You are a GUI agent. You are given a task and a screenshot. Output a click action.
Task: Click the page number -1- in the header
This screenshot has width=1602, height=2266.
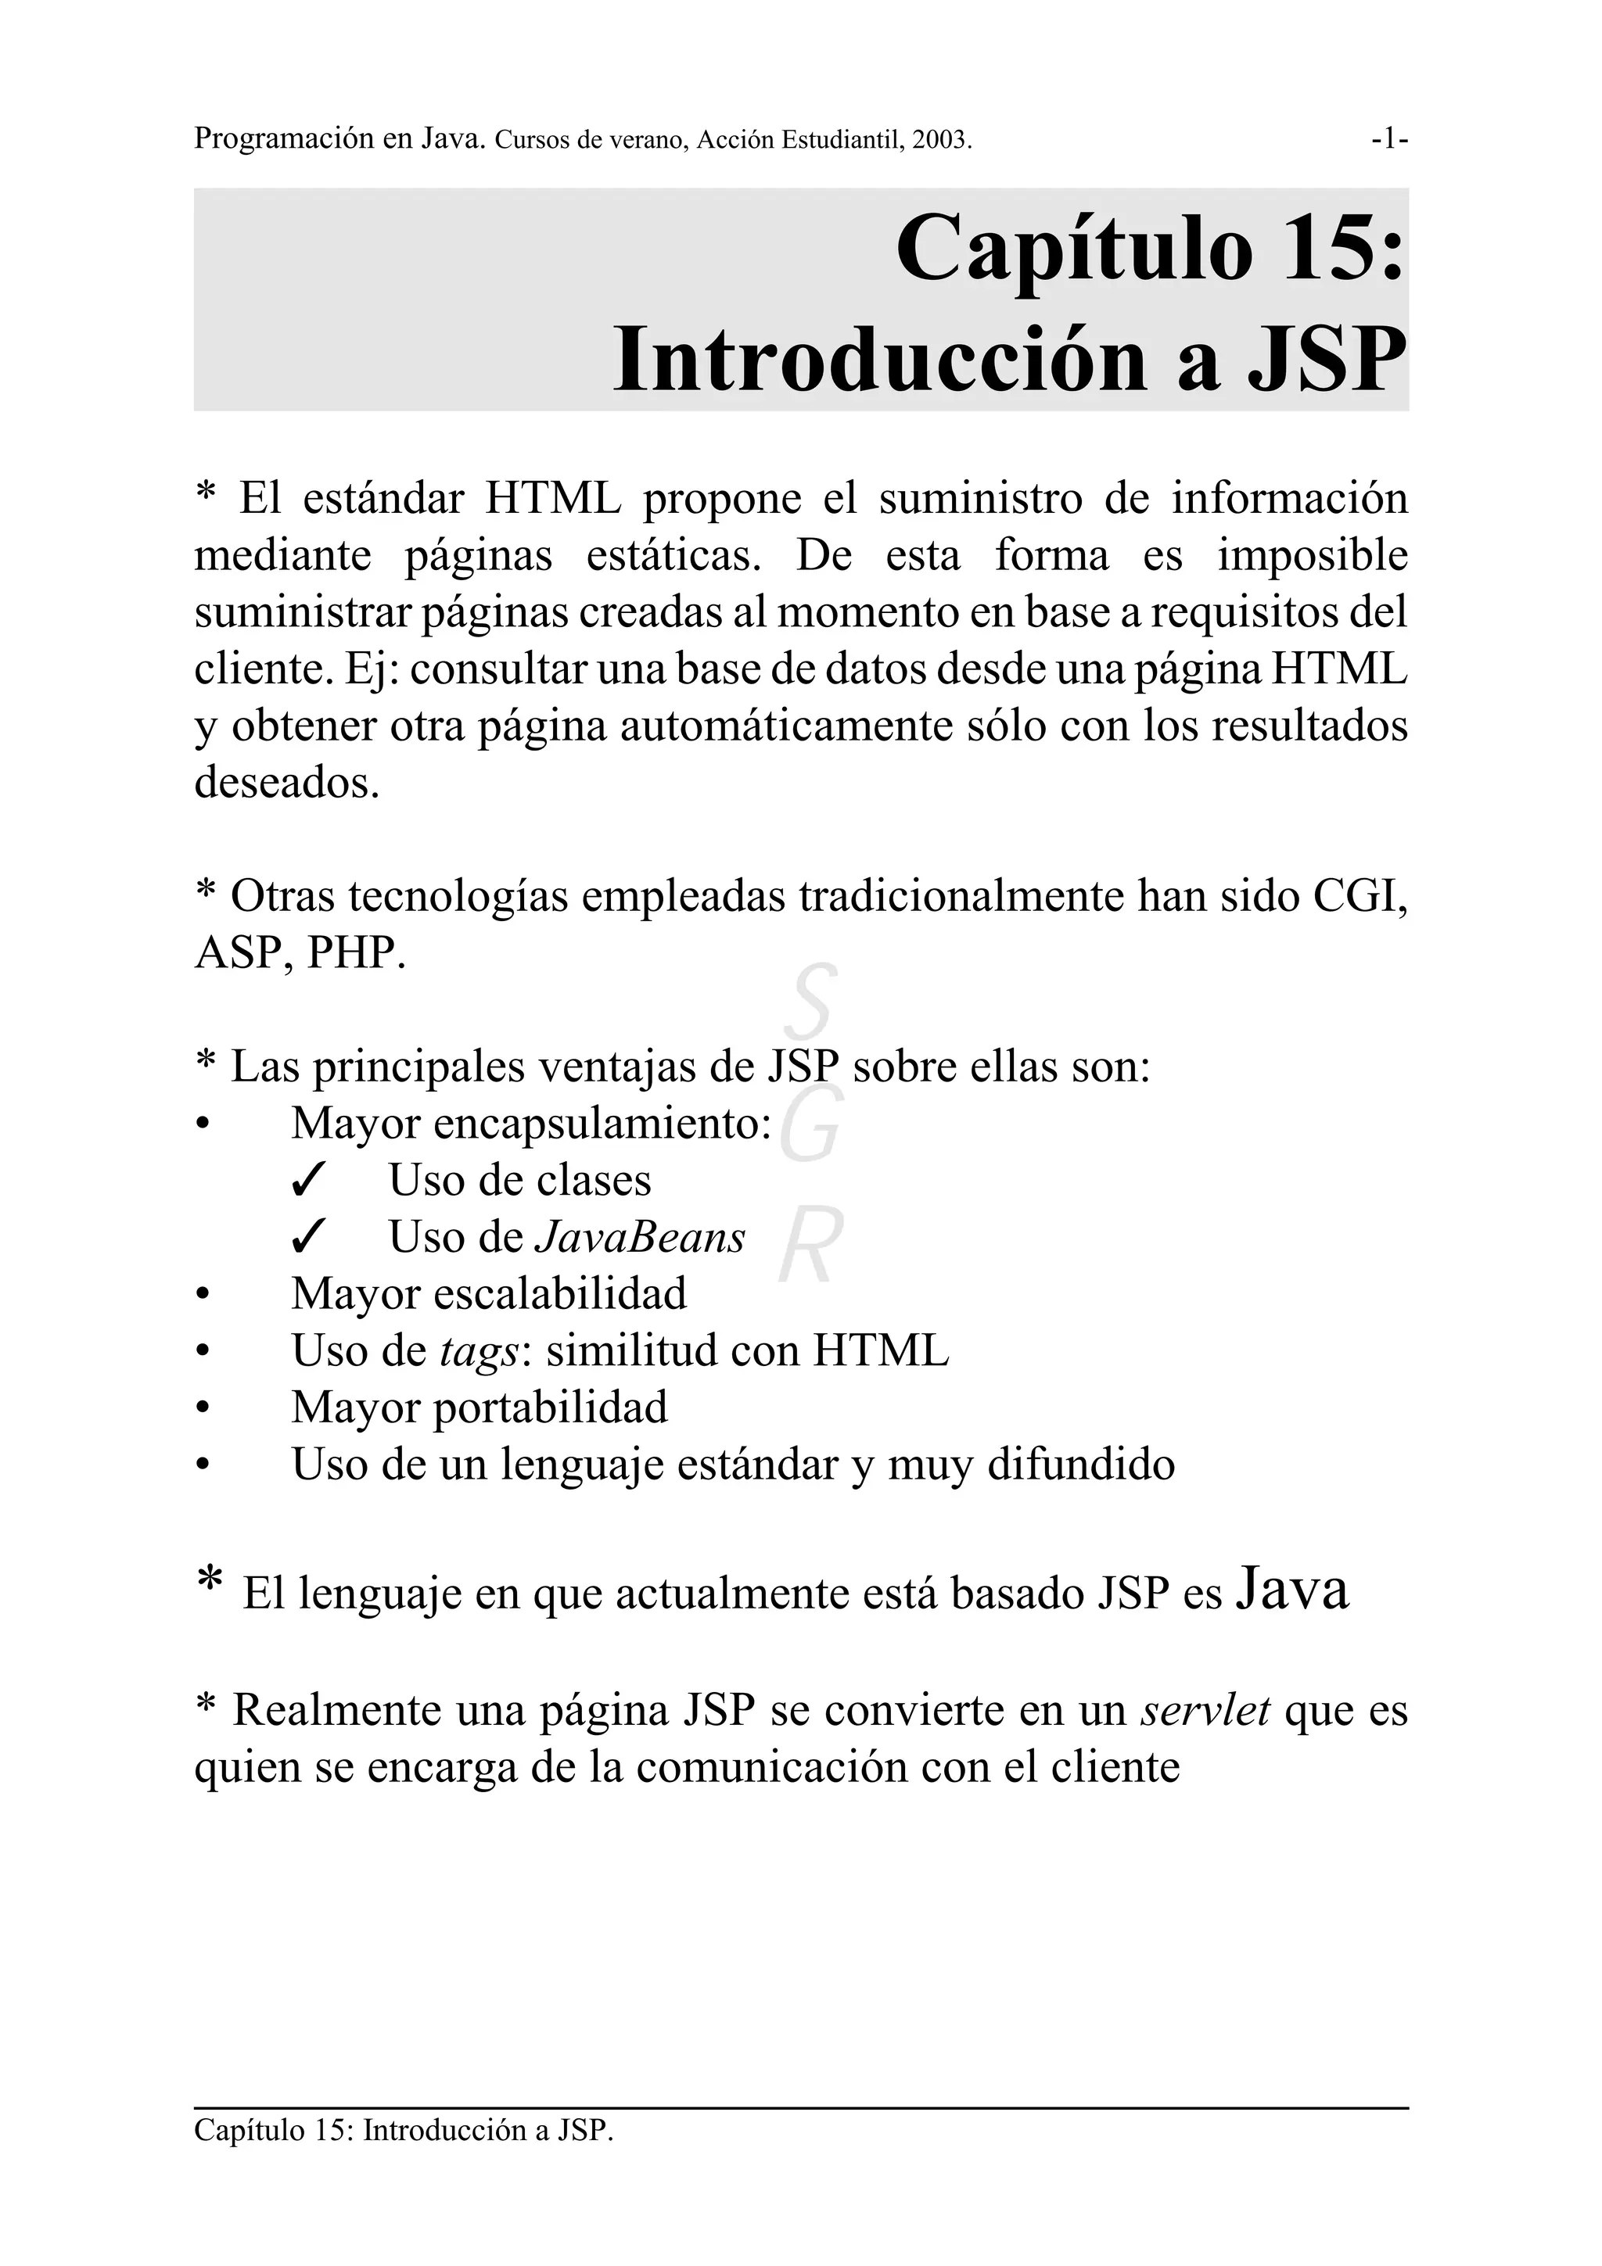tap(1388, 139)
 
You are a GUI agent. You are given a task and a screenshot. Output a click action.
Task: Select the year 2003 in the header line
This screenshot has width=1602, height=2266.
tap(939, 140)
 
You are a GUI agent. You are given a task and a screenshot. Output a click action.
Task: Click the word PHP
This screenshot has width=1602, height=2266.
tap(354, 953)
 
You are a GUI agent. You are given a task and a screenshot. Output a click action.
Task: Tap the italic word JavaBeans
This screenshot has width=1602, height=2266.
tap(640, 1238)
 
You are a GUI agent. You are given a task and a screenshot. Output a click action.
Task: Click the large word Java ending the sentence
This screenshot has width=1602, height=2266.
tap(1291, 1590)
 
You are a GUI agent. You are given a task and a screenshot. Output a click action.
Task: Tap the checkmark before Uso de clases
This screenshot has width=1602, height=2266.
tap(309, 1181)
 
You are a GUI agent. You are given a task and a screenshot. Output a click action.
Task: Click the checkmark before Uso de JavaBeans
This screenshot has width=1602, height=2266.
tap(309, 1239)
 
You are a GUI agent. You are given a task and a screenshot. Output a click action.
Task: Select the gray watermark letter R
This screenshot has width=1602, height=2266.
tap(810, 1246)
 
